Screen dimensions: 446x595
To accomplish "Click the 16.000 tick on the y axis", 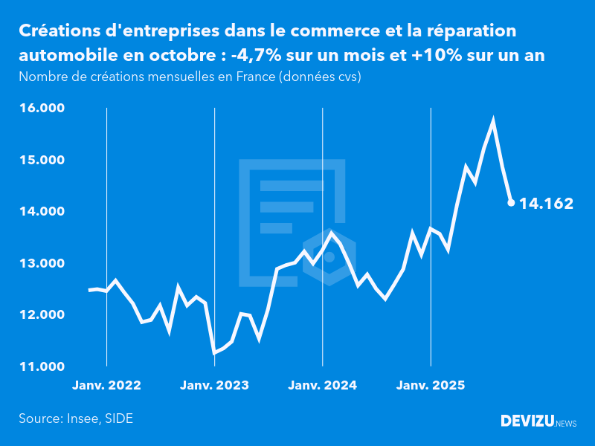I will [x=43, y=109].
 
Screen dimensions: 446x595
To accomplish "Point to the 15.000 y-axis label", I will [x=43, y=160].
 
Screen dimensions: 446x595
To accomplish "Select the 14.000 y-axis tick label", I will [x=43, y=212].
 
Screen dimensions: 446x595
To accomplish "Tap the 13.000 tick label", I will [x=43, y=263].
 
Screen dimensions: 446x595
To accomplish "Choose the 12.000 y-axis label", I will [x=43, y=315].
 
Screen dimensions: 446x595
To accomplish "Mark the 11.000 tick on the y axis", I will [x=43, y=366].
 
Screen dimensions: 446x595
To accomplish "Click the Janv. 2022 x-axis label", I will [x=106, y=386].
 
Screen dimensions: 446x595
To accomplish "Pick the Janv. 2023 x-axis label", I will [x=214, y=386].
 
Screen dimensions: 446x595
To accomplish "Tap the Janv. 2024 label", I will [x=323, y=386].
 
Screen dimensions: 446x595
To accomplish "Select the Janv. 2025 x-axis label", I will [x=431, y=386].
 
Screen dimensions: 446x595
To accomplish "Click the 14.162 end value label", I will [x=546, y=203].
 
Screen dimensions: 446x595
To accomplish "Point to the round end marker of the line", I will [x=511, y=202].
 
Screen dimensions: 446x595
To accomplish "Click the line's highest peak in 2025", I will [x=493, y=120].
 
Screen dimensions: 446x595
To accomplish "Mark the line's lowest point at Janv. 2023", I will [x=214, y=352].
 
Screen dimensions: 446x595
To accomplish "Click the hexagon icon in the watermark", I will [x=329, y=257].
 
